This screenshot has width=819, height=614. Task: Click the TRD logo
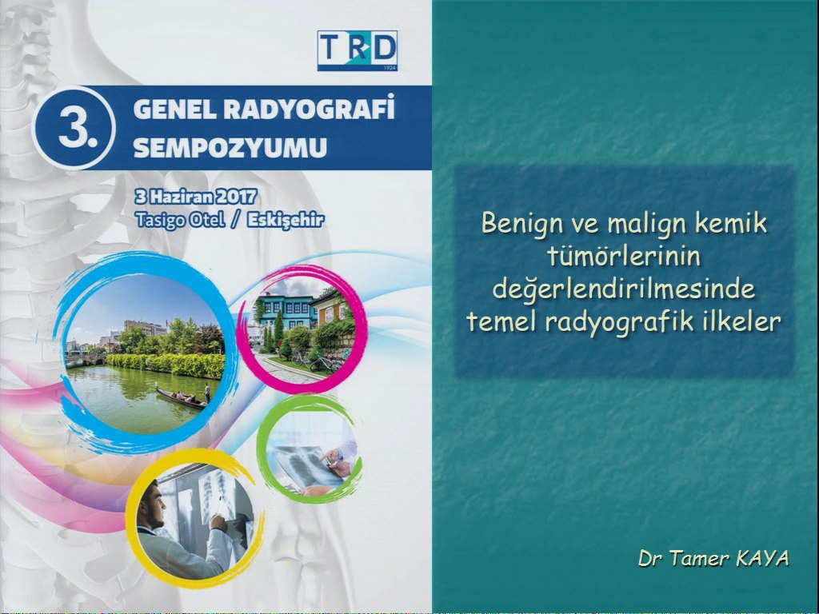358,50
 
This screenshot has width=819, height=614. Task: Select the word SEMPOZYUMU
230,148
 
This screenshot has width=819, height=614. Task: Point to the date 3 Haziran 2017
196,197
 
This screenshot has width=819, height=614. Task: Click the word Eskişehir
286,220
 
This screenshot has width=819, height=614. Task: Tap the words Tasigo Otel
180,219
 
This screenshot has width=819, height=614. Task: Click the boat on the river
182,398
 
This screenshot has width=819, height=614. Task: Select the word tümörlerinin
624,256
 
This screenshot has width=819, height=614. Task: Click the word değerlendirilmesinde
624,289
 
